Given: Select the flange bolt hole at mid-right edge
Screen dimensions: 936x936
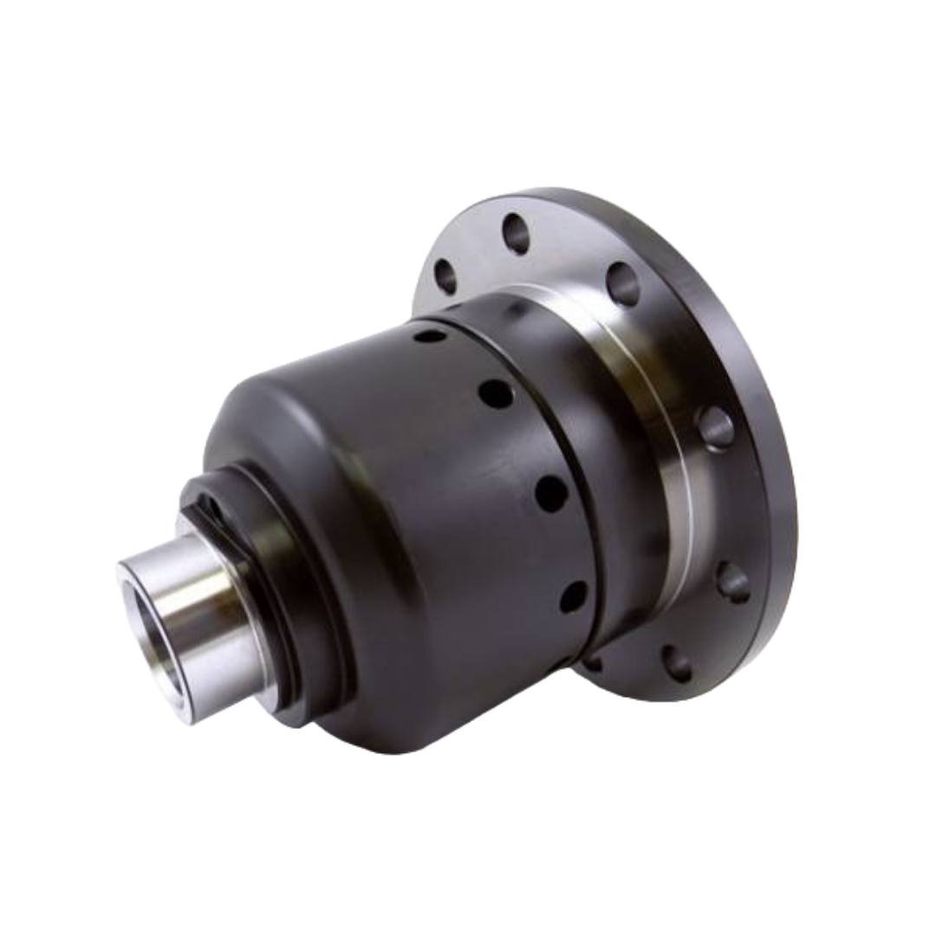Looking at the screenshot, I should click(714, 424).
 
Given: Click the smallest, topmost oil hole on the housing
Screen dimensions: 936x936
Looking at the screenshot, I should click(427, 333).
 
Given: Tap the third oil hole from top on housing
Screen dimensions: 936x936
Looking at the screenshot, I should click(549, 494).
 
